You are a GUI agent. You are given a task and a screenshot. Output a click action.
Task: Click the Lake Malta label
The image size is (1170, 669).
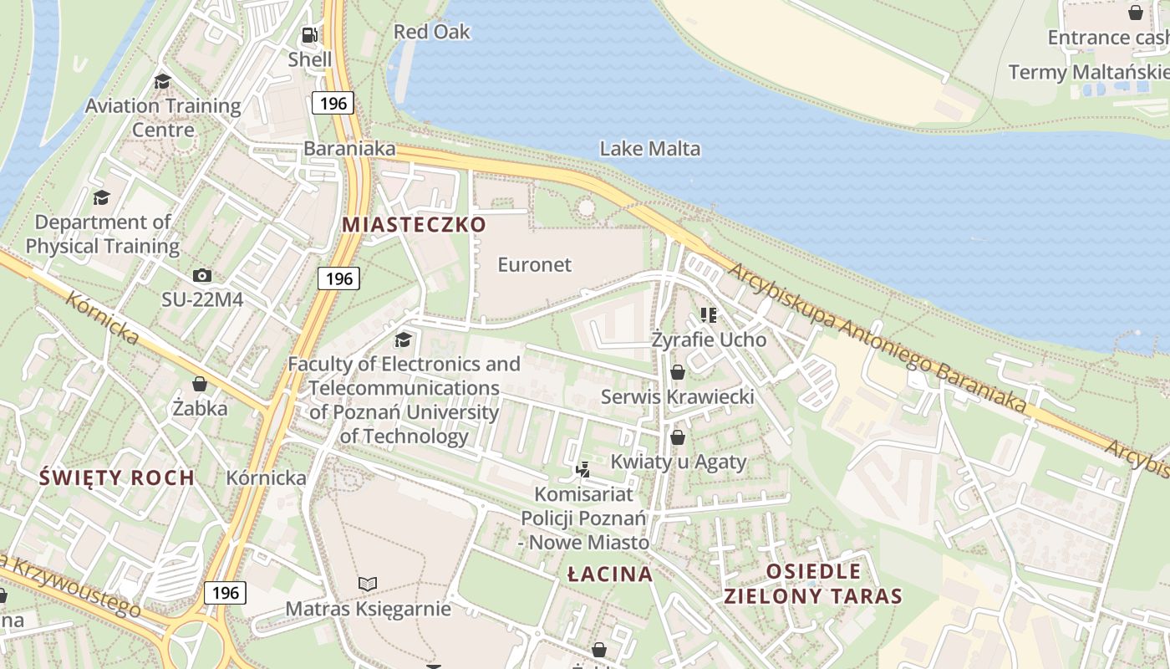649,149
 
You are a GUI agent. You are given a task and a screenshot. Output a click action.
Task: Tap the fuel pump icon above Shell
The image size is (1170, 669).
309,35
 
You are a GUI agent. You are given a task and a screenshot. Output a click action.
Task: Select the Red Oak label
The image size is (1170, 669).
431,32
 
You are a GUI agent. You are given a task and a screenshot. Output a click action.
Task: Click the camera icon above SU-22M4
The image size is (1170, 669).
201,275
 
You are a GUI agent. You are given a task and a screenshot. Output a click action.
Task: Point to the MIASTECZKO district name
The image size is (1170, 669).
414,224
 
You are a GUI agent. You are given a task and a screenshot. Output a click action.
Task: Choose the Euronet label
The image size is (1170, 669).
534,264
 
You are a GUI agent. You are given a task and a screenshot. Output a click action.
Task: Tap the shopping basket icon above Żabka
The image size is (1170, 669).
199,384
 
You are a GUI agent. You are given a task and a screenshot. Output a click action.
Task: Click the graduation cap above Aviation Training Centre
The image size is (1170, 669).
162,81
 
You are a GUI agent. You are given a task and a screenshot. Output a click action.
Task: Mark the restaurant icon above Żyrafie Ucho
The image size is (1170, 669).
709,315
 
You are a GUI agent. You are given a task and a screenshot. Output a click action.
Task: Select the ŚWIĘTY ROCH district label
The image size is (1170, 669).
117,477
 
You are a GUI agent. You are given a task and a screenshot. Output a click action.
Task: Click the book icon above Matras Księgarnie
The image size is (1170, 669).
368,584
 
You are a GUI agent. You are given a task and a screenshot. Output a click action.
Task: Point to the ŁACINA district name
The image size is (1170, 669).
609,574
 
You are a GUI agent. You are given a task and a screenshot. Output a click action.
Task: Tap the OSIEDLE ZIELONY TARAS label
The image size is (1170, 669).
812,584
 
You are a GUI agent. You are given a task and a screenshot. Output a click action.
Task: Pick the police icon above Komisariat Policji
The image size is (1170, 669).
582,469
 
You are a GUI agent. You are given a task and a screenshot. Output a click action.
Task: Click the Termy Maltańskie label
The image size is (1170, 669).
1088,72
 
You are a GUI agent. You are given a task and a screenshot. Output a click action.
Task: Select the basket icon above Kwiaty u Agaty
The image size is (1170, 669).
678,437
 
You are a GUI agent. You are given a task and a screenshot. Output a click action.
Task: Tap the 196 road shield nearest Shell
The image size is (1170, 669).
333,104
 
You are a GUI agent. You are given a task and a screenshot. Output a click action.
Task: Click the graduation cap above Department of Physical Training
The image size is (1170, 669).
101,197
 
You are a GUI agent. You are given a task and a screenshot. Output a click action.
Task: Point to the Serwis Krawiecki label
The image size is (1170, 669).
677,396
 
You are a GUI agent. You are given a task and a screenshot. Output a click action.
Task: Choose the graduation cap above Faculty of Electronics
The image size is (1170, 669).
403,340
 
